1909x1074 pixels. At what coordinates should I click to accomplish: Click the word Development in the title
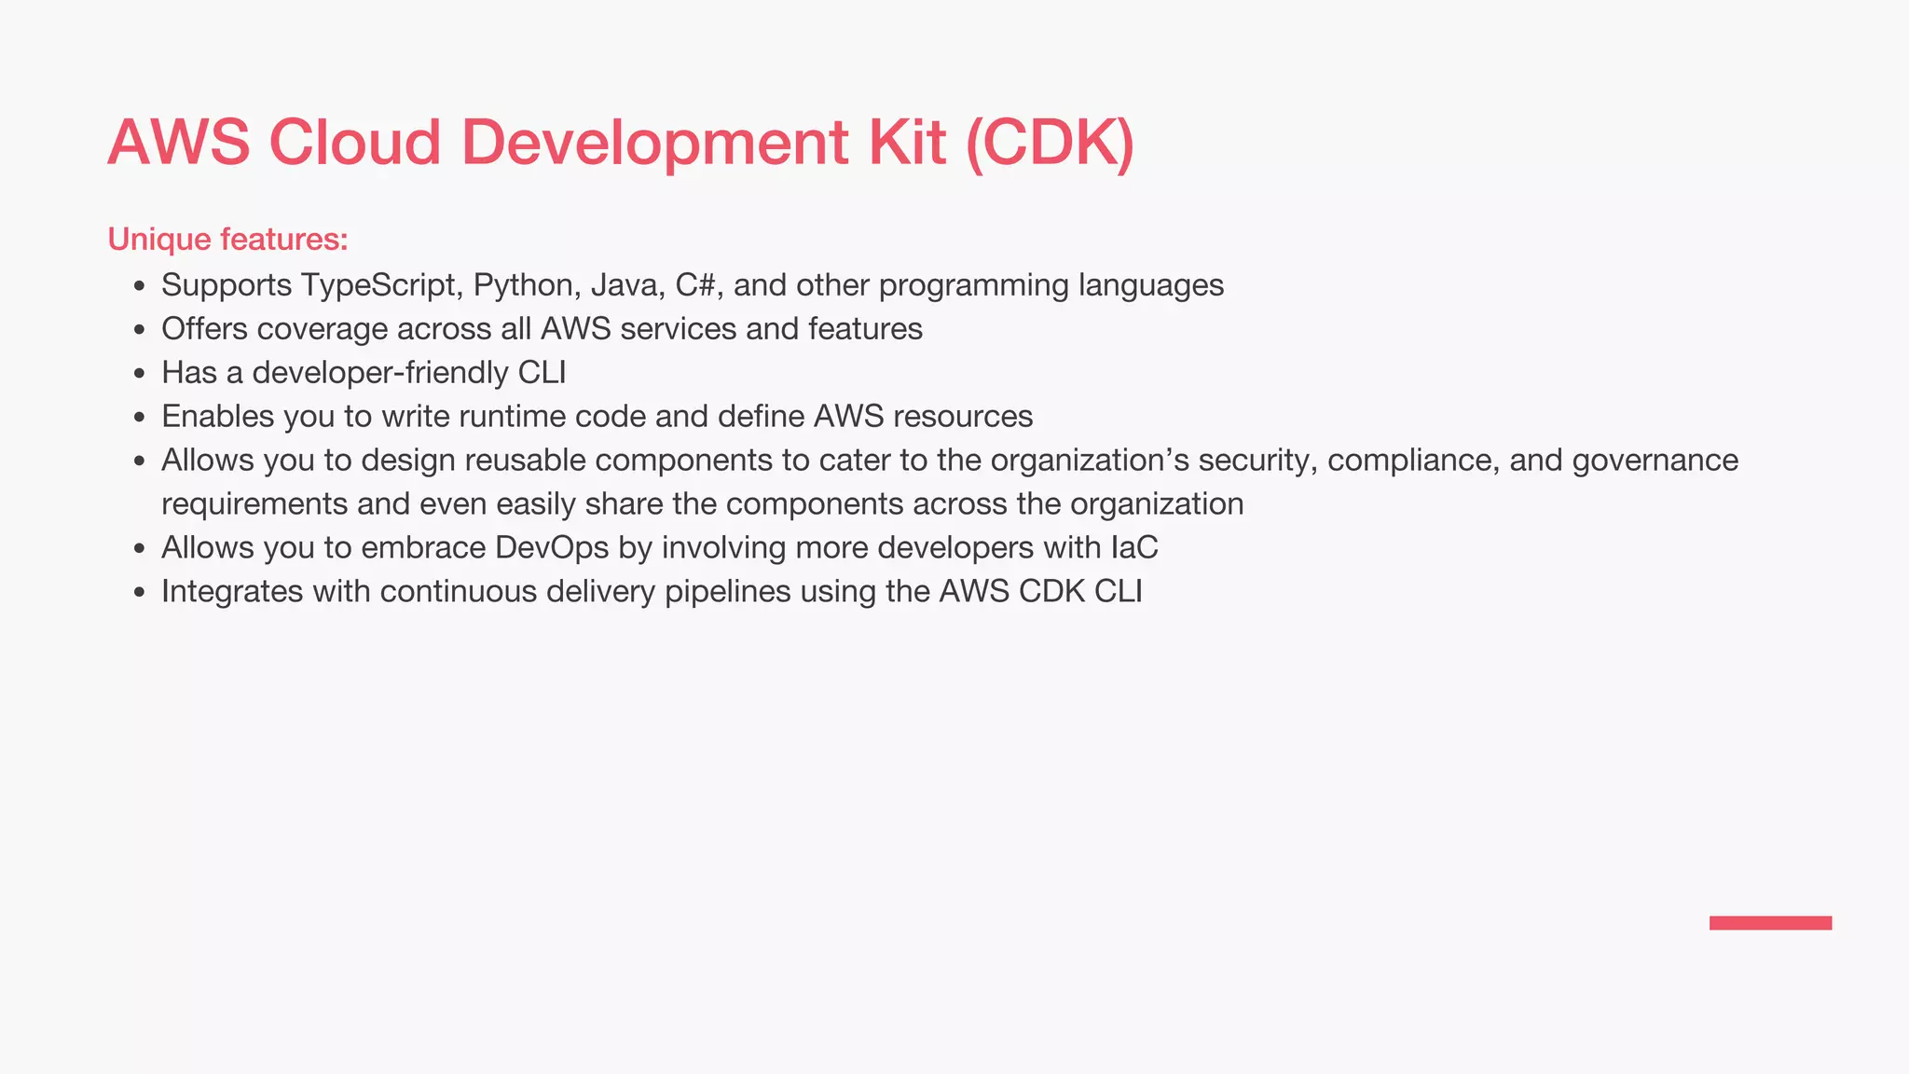654,143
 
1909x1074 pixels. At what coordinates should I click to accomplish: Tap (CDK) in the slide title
1051,143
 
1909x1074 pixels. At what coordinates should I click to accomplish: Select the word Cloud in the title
354,143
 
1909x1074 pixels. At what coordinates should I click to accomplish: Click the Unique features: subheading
227,240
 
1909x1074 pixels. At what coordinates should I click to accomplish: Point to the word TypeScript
381,285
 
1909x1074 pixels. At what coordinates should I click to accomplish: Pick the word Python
527,285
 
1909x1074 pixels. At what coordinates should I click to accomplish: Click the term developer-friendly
380,373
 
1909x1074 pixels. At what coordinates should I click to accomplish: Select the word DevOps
552,548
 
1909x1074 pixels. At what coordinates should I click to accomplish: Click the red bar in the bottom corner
1770,923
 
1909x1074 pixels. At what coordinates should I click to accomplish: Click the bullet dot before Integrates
140,593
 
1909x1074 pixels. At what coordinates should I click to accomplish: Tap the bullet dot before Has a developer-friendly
140,374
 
